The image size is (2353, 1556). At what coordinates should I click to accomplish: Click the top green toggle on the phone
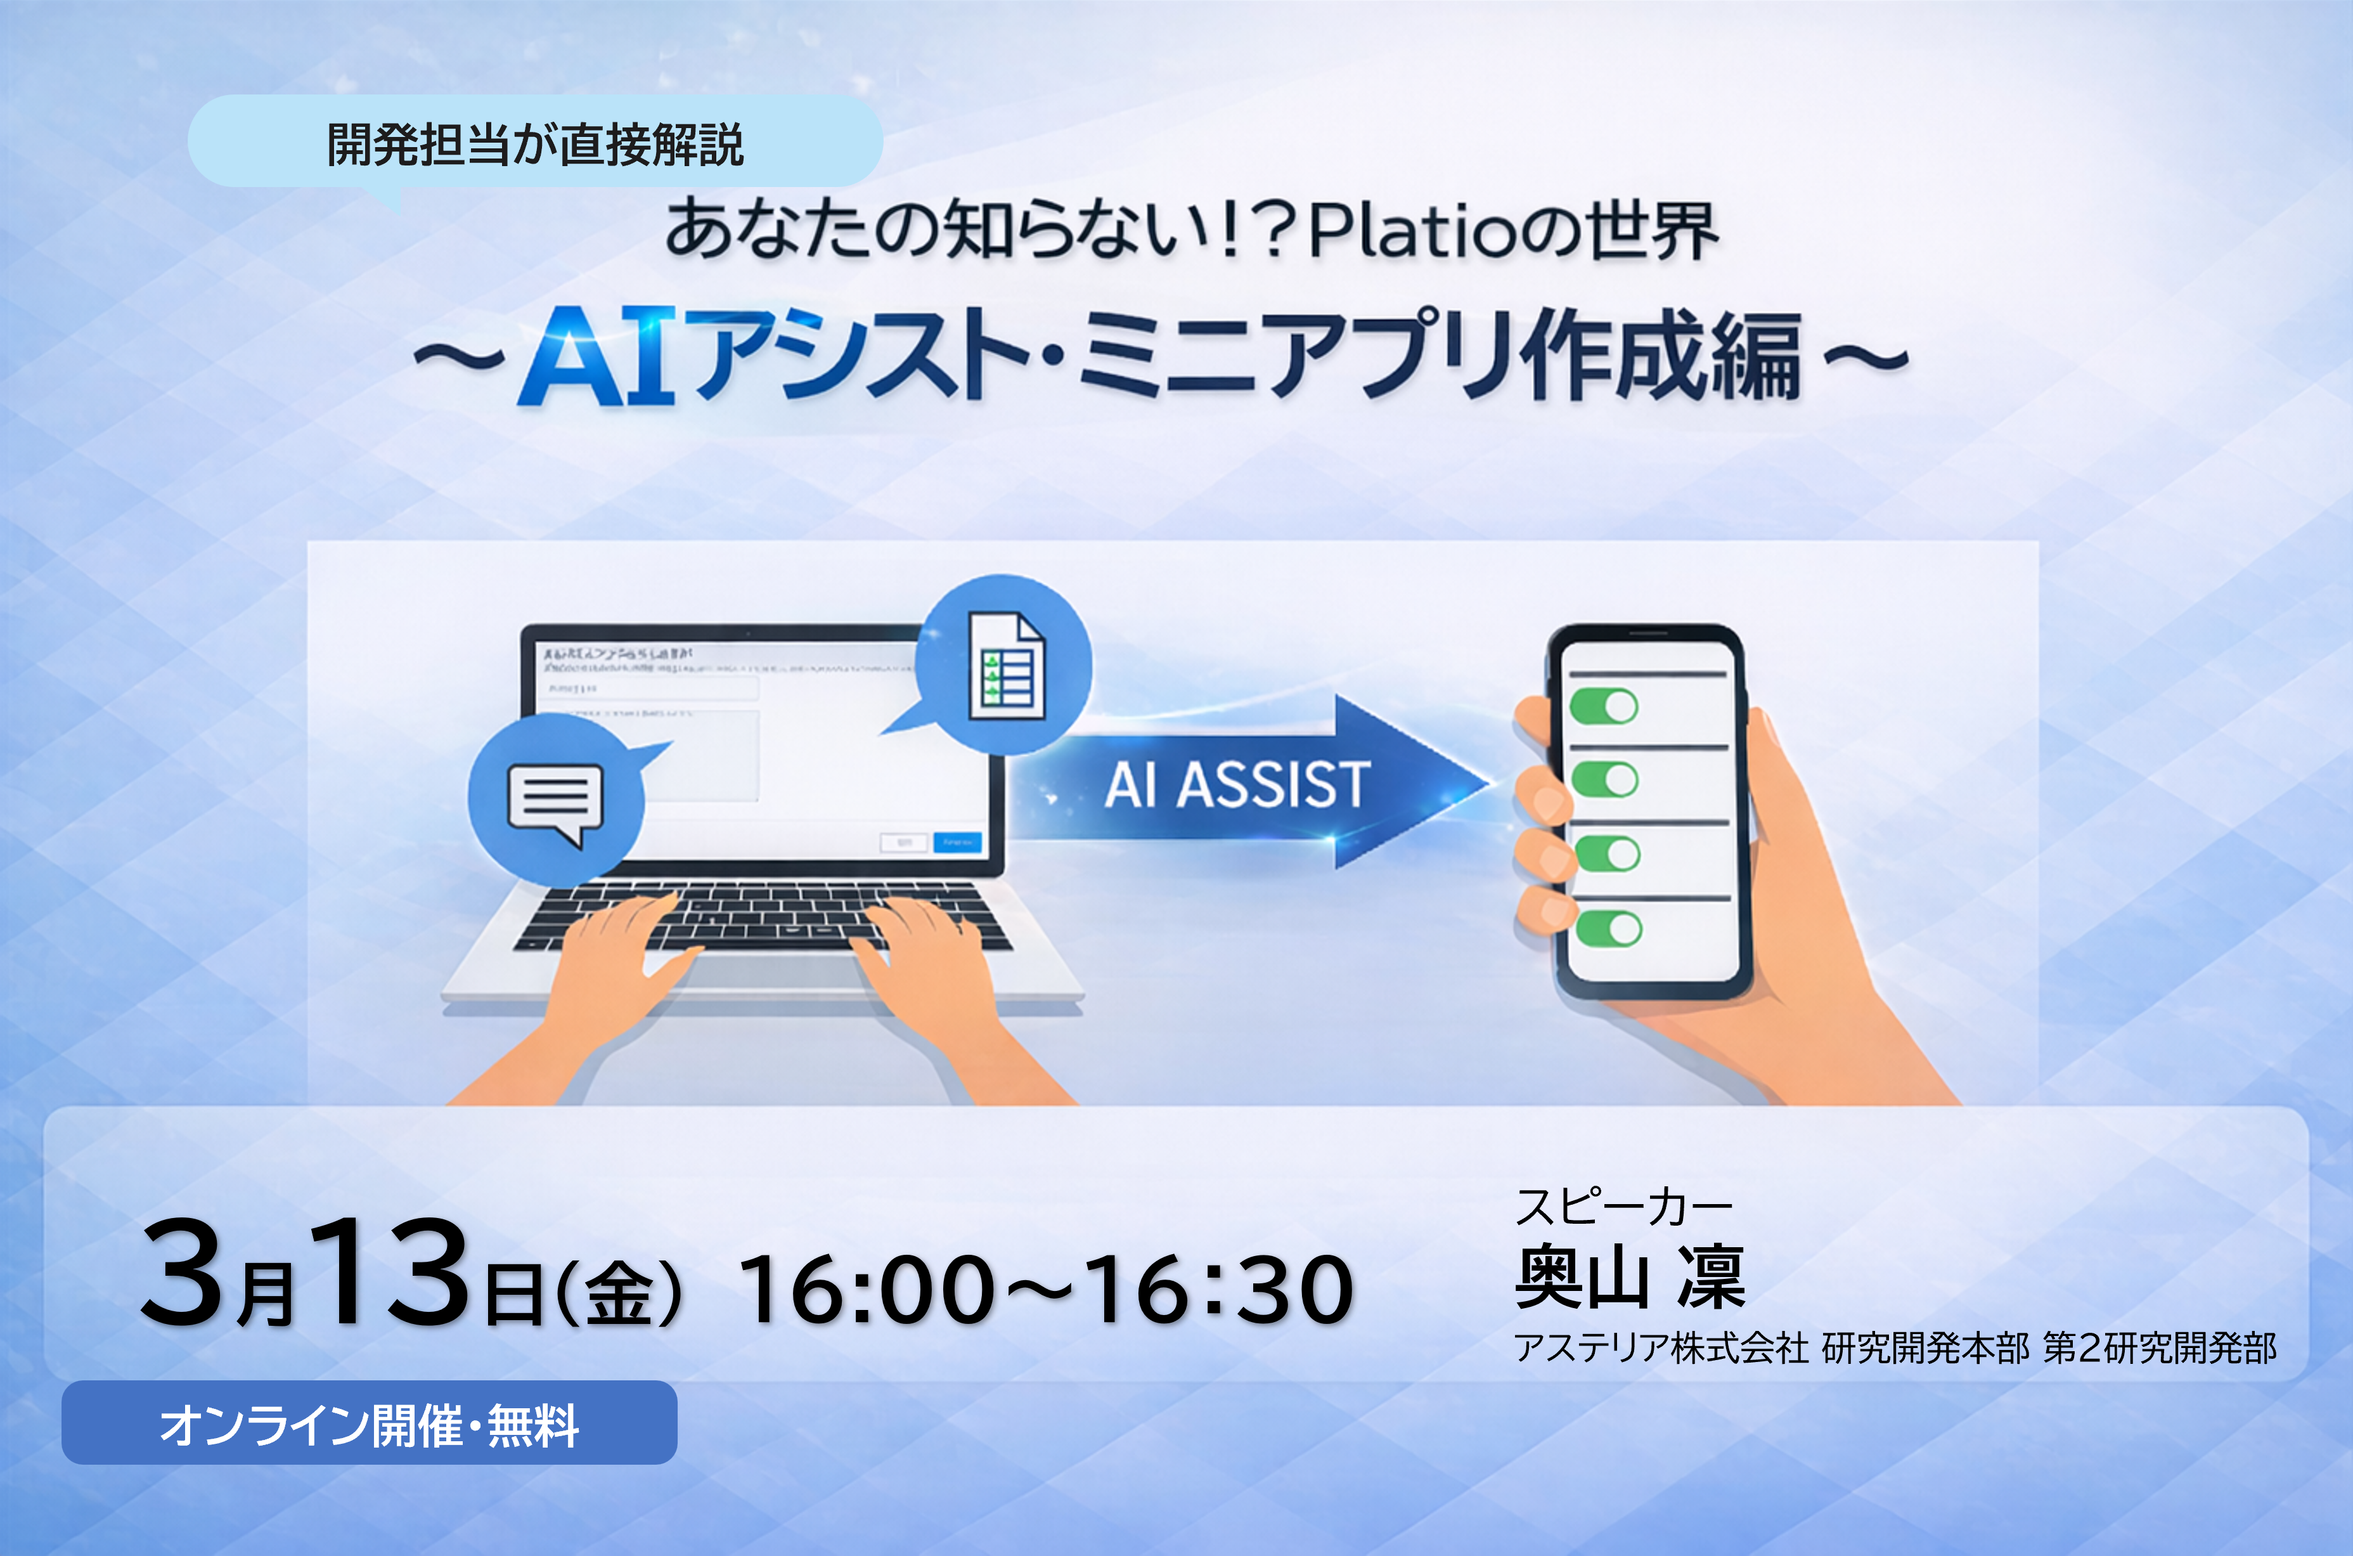coord(1603,706)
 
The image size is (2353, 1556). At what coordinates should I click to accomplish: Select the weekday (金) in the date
coord(620,1293)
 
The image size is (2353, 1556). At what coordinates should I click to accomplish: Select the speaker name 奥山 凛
coord(1629,1278)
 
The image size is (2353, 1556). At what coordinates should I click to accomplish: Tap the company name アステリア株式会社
coord(1661,1347)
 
